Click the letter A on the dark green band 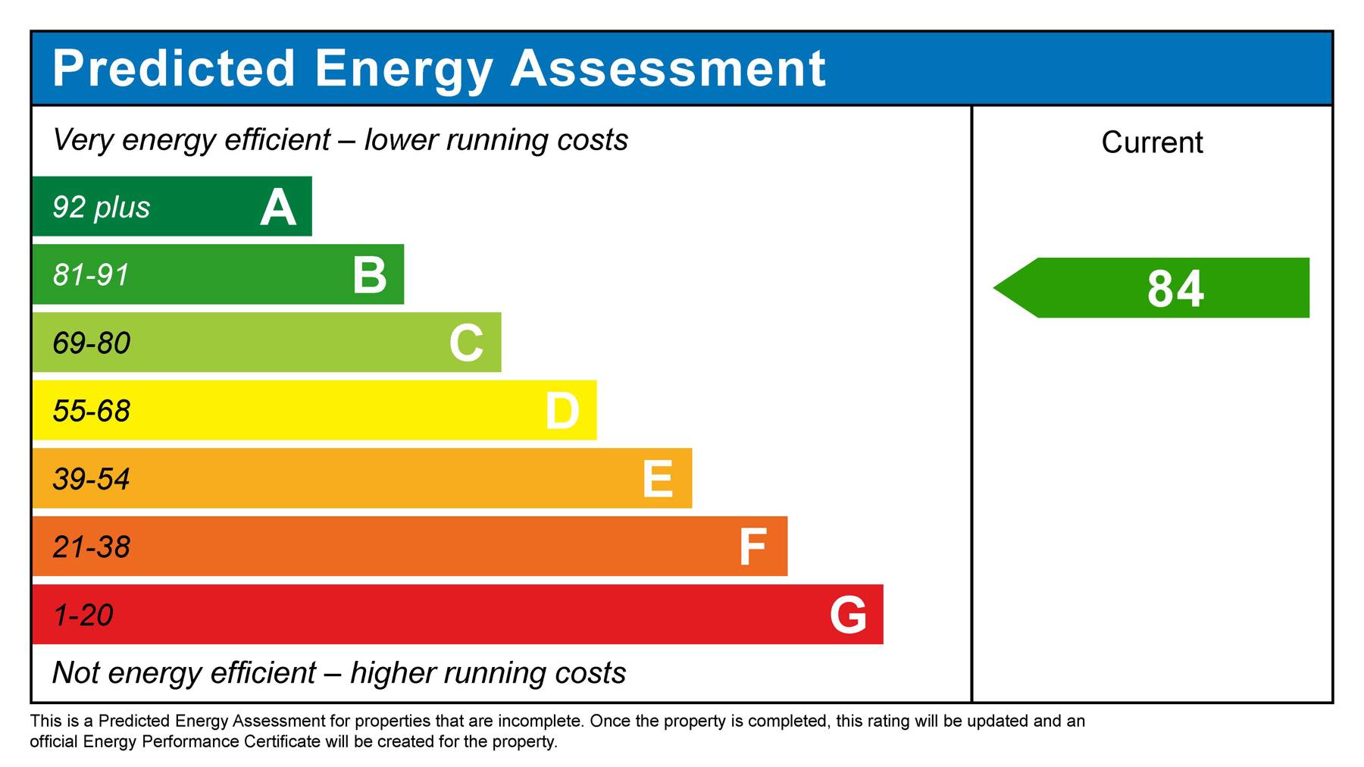click(277, 207)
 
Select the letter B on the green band click(370, 274)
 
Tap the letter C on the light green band click(466, 343)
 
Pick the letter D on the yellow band click(562, 411)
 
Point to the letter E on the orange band click(657, 479)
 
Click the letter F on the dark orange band click(752, 547)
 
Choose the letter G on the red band click(848, 615)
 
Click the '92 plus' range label click(101, 207)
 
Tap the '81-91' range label click(91, 274)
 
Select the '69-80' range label click(91, 343)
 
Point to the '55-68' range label click(91, 411)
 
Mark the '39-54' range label click(91, 479)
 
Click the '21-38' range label click(91, 547)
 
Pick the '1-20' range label click(83, 615)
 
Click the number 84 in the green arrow click(1175, 289)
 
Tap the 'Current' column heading click(1152, 142)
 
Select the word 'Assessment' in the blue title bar click(668, 68)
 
